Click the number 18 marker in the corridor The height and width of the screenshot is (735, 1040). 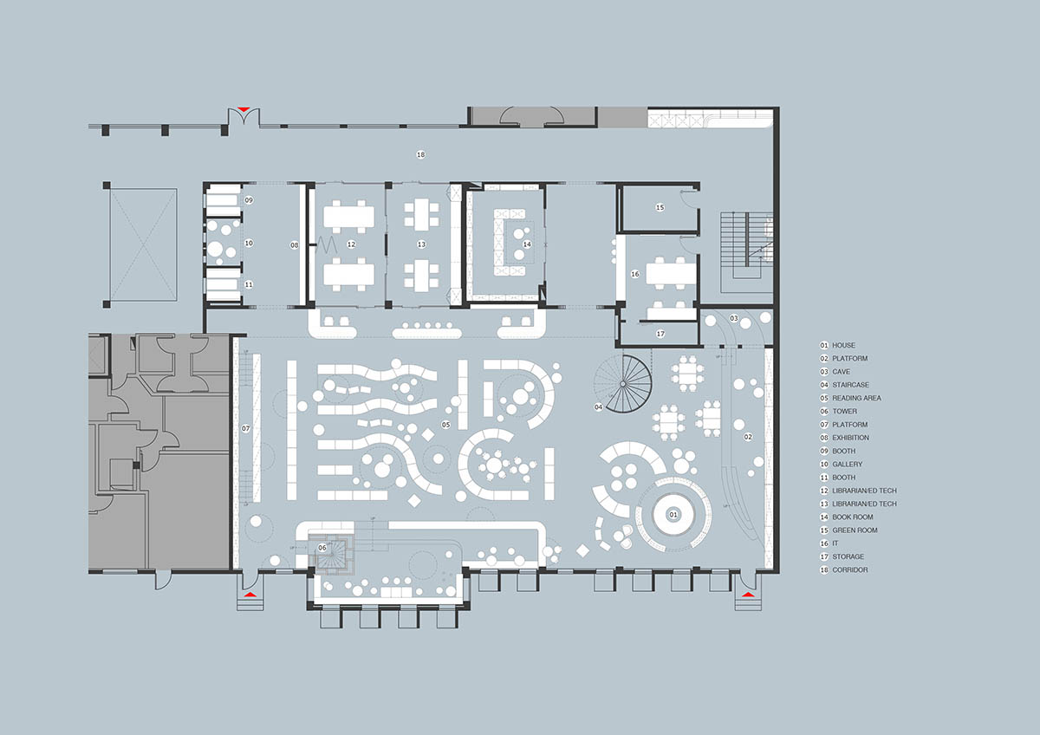[420, 154]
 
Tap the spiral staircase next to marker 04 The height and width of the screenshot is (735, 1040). [623, 384]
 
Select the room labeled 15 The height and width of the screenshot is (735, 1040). [660, 207]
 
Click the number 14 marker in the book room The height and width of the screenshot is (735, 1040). [527, 244]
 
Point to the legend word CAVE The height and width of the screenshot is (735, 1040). [841, 372]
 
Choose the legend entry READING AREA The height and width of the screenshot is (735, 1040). [856, 399]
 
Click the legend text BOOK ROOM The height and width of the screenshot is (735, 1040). [853, 517]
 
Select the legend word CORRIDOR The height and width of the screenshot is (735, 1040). [849, 570]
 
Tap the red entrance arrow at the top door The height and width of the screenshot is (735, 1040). [244, 109]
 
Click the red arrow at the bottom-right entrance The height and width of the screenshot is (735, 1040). [747, 595]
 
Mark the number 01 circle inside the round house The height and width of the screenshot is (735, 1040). [673, 515]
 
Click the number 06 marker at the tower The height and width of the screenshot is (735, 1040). [322, 548]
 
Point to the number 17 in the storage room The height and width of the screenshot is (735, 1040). [660, 334]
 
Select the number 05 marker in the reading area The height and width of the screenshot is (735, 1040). [445, 425]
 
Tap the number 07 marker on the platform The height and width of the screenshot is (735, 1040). [245, 428]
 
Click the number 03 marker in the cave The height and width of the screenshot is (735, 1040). [733, 318]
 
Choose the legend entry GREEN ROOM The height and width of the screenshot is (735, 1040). [855, 530]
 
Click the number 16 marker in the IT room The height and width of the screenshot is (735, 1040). [634, 275]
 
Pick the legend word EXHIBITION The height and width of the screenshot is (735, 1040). [850, 438]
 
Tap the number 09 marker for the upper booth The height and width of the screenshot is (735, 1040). [249, 200]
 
